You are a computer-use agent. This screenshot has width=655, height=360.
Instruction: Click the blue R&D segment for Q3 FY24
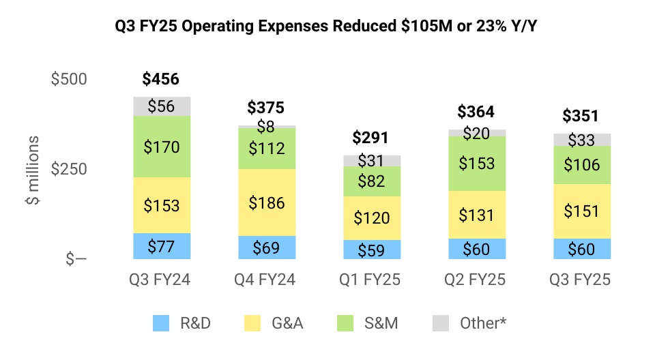[161, 246]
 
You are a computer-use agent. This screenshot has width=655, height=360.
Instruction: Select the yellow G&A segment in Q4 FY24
[265, 202]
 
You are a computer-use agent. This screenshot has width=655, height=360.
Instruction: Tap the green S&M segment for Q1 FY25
[371, 181]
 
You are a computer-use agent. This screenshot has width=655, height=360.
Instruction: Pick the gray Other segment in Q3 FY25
[581, 140]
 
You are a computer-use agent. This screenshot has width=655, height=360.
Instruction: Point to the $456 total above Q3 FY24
[161, 79]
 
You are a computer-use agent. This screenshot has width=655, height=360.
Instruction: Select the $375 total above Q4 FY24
[265, 108]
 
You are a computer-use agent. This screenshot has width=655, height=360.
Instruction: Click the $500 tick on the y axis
[70, 79]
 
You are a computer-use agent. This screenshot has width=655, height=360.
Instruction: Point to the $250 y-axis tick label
[70, 169]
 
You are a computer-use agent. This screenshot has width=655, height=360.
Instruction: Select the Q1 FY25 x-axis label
[371, 280]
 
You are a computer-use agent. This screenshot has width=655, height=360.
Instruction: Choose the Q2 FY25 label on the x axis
[476, 280]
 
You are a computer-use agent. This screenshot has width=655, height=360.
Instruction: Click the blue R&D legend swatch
[161, 323]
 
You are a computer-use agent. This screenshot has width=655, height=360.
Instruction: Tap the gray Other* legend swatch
[441, 323]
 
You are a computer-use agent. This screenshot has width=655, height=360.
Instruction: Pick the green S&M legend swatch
[347, 323]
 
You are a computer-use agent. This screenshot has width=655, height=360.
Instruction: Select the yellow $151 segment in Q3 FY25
[581, 211]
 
